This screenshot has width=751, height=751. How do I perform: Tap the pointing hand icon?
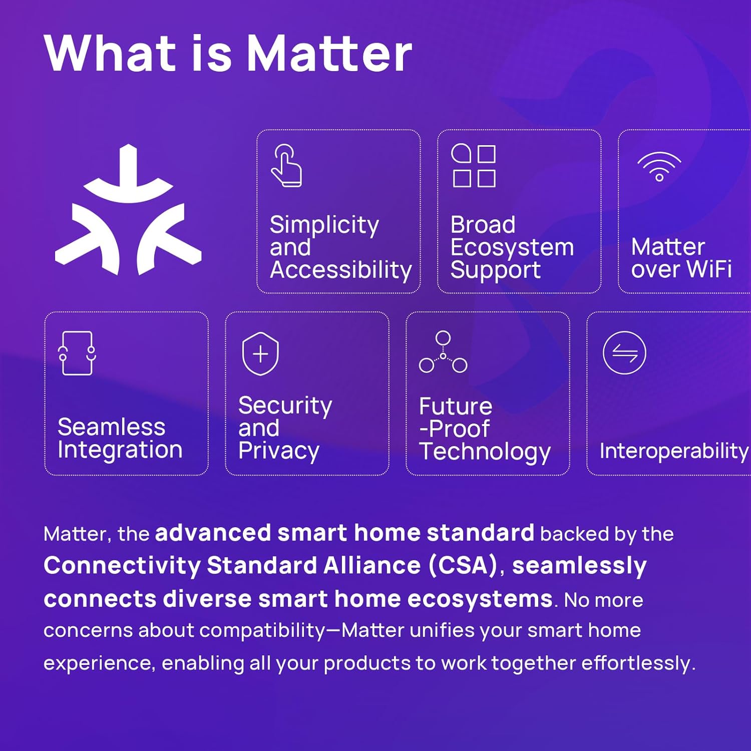pyautogui.click(x=286, y=166)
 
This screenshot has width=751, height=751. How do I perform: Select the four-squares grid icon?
pyautogui.click(x=474, y=166)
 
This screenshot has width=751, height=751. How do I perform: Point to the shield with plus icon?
pyautogui.click(x=260, y=353)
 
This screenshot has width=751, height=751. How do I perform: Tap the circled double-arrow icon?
pyautogui.click(x=624, y=353)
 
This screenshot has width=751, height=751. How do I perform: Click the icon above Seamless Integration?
pyautogui.click(x=77, y=353)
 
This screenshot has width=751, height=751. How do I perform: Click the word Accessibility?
pyautogui.click(x=341, y=270)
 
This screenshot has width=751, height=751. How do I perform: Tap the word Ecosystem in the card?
pyautogui.click(x=512, y=247)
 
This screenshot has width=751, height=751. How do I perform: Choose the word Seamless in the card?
pyautogui.click(x=112, y=427)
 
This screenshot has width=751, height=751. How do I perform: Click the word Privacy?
pyautogui.click(x=279, y=451)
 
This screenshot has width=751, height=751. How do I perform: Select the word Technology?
pyautogui.click(x=485, y=452)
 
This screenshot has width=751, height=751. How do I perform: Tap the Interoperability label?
pyautogui.click(x=674, y=451)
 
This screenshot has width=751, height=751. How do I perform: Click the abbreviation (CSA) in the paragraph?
pyautogui.click(x=463, y=566)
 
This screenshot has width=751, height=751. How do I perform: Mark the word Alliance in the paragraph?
pyautogui.click(x=371, y=566)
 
